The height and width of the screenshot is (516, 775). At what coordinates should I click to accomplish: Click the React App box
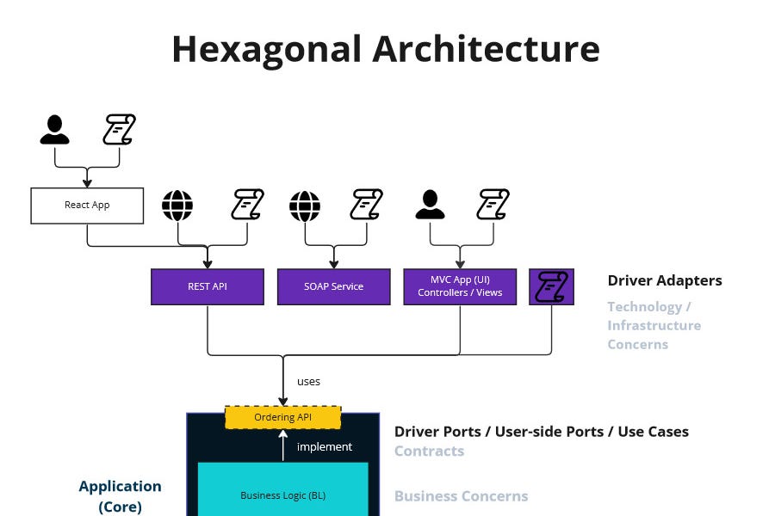[87, 206]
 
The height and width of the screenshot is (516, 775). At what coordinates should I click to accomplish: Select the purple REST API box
[208, 286]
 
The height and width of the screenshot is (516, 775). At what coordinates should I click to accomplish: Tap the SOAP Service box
[333, 286]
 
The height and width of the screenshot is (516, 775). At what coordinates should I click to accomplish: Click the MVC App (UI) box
[460, 286]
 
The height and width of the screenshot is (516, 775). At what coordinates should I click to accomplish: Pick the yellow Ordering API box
[283, 417]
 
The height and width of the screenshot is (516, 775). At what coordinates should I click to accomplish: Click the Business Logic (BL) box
[283, 494]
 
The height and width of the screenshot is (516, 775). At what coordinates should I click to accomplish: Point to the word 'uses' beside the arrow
[308, 381]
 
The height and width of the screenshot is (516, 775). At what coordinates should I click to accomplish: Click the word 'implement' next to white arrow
[325, 446]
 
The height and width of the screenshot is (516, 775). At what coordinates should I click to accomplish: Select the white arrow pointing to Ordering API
[282, 445]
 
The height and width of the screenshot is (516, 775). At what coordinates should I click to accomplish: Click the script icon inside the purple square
[551, 286]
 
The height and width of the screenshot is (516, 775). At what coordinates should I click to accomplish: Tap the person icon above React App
[54, 129]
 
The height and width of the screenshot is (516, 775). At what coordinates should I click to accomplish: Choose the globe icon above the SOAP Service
[305, 206]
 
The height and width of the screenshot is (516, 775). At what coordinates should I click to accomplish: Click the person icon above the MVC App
[431, 206]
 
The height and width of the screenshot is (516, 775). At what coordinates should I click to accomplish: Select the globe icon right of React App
[177, 206]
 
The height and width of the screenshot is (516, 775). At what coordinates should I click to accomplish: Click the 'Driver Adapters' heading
[665, 280]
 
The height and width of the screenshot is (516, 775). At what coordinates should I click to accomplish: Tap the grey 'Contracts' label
[429, 451]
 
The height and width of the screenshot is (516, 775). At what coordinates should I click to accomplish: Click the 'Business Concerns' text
[461, 495]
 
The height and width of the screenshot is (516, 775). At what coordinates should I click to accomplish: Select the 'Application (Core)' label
[120, 496]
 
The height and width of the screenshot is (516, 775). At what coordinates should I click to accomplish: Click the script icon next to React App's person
[120, 130]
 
